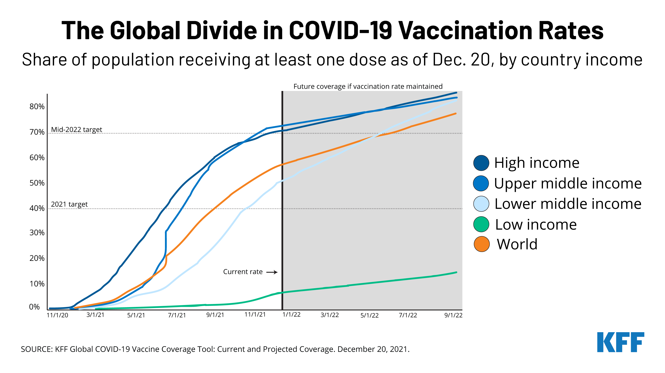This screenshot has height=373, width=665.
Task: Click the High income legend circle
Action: (x=481, y=163)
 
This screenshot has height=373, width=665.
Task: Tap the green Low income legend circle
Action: (x=481, y=224)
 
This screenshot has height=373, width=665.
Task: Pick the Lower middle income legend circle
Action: (x=481, y=204)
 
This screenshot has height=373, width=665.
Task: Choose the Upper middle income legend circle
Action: (x=481, y=184)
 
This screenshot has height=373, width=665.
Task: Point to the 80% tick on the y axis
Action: (x=37, y=107)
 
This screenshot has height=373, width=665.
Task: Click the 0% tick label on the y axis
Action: (x=34, y=307)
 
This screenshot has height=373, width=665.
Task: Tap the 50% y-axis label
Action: (x=37, y=183)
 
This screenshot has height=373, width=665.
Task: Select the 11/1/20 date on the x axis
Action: (x=57, y=315)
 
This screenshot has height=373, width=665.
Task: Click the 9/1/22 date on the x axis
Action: (x=453, y=315)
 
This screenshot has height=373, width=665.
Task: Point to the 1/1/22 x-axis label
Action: (x=291, y=315)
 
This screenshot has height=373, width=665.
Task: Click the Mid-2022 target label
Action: (x=76, y=130)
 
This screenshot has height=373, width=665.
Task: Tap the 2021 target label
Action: (x=69, y=204)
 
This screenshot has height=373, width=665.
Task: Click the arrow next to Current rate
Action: (x=272, y=272)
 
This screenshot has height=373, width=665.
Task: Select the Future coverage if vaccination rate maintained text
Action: (x=368, y=86)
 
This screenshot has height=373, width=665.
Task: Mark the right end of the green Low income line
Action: (x=456, y=272)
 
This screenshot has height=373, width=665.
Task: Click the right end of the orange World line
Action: (x=456, y=114)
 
